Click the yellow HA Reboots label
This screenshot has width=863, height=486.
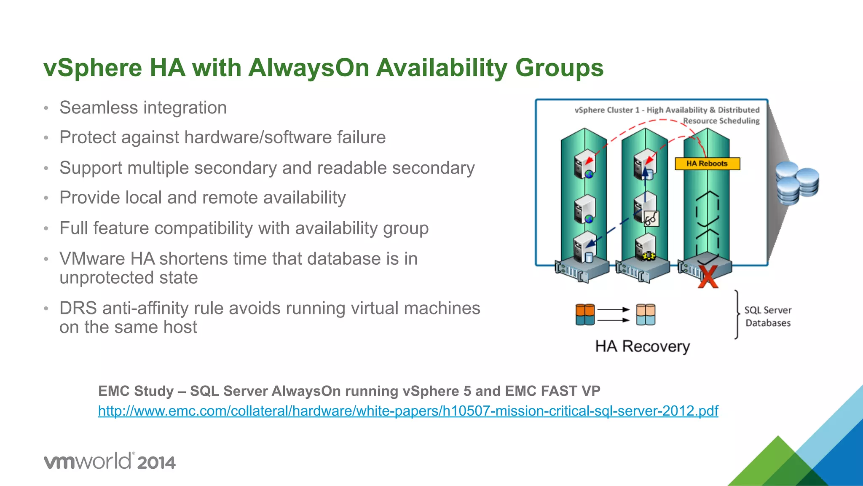[x=707, y=164]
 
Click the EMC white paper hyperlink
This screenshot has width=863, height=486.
[x=408, y=411]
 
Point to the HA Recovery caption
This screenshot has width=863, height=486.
[x=642, y=346]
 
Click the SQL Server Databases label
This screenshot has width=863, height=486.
[x=768, y=317]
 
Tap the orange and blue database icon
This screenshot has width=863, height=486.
[x=585, y=314]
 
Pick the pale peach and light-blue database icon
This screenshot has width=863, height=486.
[x=646, y=314]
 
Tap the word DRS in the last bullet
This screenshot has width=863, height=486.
[x=78, y=308]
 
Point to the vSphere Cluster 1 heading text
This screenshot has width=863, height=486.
[x=667, y=110]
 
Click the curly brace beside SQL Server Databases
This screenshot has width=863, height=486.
[x=737, y=314]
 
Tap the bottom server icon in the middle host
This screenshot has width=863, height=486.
[x=645, y=247]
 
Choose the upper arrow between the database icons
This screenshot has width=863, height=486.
[x=613, y=309]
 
